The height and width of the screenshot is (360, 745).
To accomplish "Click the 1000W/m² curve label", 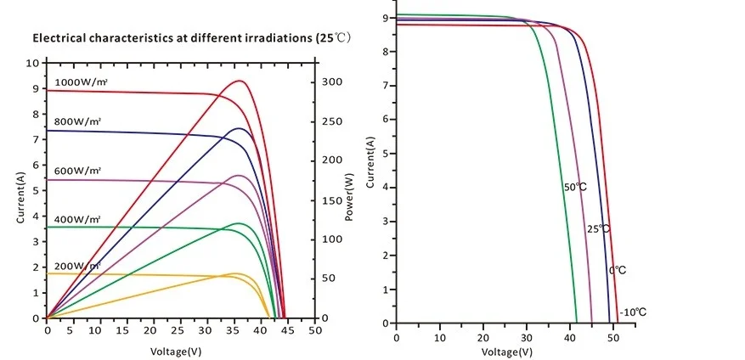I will point(82,82).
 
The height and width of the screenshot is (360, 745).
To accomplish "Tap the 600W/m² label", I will point(79,172).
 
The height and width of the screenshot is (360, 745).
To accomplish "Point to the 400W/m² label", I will point(79,219).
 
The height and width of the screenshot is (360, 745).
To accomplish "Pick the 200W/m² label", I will point(79,266).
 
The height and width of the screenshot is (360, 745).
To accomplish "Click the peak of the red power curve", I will point(240,81).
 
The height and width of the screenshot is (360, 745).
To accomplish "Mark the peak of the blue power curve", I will point(240,128).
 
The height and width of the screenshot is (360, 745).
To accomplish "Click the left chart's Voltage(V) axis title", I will point(177,351).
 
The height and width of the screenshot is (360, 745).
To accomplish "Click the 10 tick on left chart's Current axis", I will point(32,64).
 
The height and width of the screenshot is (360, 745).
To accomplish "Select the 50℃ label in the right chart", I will point(575,187).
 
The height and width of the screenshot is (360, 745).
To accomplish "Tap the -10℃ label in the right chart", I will point(633,312).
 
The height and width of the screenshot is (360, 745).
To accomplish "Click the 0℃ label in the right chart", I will point(618,270).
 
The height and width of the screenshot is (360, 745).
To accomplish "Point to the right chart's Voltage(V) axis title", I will point(508,352).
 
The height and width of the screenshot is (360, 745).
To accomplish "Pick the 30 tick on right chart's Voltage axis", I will point(527,336).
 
